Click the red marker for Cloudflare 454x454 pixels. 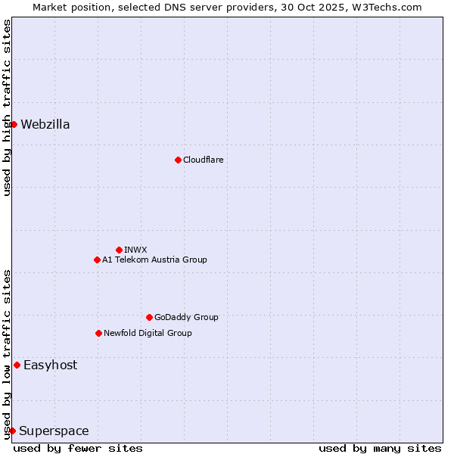click(178, 160)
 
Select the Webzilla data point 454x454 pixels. click(14, 124)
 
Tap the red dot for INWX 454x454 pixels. click(119, 250)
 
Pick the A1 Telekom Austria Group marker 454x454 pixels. click(97, 260)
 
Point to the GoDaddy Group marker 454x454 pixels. click(149, 317)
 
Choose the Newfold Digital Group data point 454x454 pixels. click(98, 333)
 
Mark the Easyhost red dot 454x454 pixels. click(17, 365)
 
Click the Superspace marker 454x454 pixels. click(12, 431)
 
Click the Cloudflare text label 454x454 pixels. click(203, 160)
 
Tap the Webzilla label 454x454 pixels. click(45, 124)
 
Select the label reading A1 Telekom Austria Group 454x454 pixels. click(154, 260)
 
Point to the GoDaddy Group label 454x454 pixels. click(186, 317)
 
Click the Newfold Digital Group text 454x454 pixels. click(148, 333)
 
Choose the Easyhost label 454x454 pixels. click(50, 365)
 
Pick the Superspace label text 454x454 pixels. click(54, 431)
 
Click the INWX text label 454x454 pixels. click(135, 250)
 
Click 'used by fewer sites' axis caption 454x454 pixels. click(78, 448)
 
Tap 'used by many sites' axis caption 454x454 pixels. click(380, 448)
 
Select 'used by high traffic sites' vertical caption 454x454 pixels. click(7, 107)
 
